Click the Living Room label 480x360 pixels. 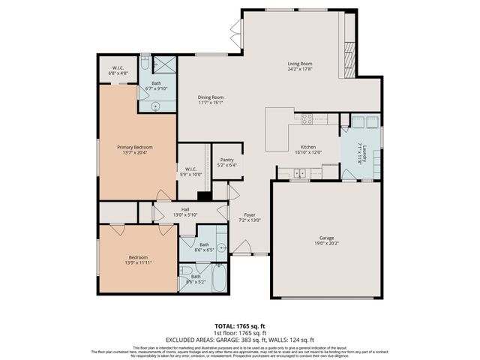pyautogui.click(x=299, y=64)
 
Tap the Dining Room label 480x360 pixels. pyautogui.click(x=211, y=97)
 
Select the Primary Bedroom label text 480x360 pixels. pyautogui.click(x=131, y=147)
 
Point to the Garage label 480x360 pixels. pyautogui.click(x=326, y=238)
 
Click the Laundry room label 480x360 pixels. pyautogui.click(x=361, y=151)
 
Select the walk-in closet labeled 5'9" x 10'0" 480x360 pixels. pyautogui.click(x=189, y=172)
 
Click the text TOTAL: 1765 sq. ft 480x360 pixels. pyautogui.click(x=240, y=325)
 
